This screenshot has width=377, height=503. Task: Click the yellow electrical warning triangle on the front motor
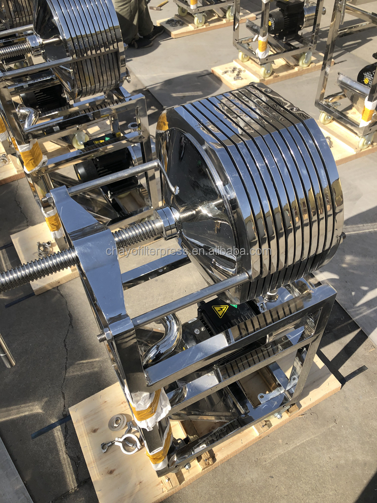pyautogui.click(x=220, y=311)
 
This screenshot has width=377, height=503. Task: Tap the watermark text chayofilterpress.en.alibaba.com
pyautogui.click(x=188, y=251)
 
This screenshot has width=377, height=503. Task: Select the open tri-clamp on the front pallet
pyautogui.click(x=123, y=439)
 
